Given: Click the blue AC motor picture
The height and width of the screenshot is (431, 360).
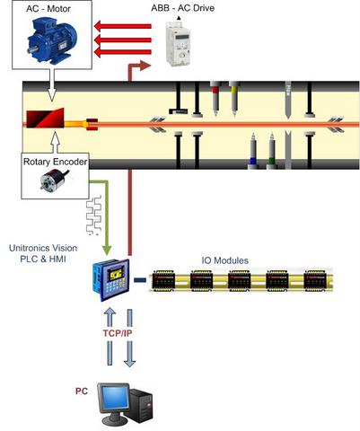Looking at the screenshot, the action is coord(52,40).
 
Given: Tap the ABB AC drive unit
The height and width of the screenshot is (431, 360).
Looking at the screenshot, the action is coord(179,43).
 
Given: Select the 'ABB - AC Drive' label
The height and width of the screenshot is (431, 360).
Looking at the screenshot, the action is coord(182,8).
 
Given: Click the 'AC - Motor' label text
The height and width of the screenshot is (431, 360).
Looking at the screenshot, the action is coord(48,9).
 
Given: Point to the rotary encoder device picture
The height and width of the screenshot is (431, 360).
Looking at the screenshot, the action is coord(54,180).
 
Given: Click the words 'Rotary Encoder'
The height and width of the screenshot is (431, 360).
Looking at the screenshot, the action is coord(56,162).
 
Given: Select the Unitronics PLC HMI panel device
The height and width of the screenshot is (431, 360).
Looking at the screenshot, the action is coord(111,280).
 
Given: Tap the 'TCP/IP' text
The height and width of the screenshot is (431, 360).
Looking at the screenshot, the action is coord(118,333).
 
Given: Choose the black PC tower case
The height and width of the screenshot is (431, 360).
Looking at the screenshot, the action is coord(140,406).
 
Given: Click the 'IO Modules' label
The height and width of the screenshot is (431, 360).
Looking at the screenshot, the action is coord(224,260).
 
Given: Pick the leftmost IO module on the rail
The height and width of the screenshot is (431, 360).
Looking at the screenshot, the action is coord(163,280).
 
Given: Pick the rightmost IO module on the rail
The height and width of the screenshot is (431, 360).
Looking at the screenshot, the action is coord(315,280).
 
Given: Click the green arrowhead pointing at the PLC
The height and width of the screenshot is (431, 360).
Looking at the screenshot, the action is coord(107,251).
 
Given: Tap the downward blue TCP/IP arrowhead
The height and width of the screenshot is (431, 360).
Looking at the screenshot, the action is coord(129,362).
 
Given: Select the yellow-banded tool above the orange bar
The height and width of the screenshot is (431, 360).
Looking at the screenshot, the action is coord(234,99).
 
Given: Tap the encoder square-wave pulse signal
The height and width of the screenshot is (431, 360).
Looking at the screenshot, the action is coord(94,215).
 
